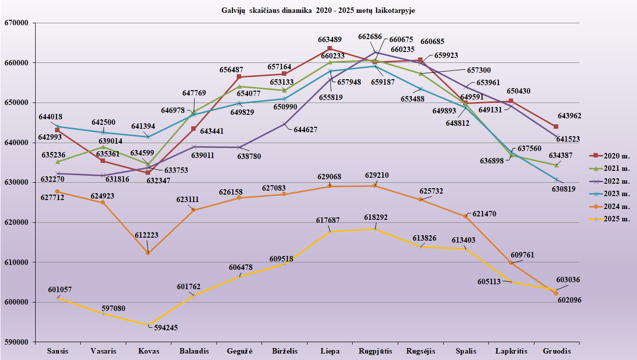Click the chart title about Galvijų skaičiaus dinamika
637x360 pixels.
click(318, 10)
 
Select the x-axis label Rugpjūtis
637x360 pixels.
click(375, 351)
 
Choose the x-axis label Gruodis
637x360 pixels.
click(556, 351)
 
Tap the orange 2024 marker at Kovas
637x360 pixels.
click(148, 253)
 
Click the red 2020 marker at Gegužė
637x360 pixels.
click(239, 77)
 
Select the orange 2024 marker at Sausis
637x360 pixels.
click(57, 192)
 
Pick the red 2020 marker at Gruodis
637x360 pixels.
click(556, 127)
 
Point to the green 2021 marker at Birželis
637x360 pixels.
click(284, 90)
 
